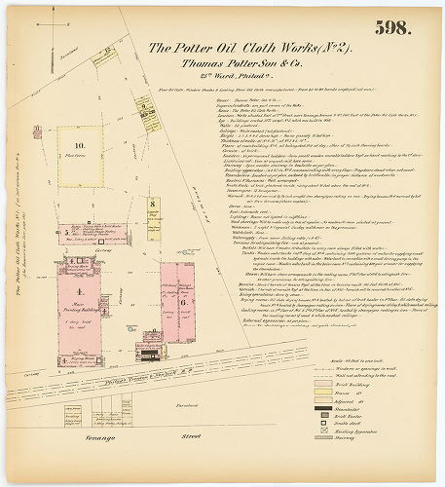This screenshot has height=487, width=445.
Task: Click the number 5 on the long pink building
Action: (x=66, y=233)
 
